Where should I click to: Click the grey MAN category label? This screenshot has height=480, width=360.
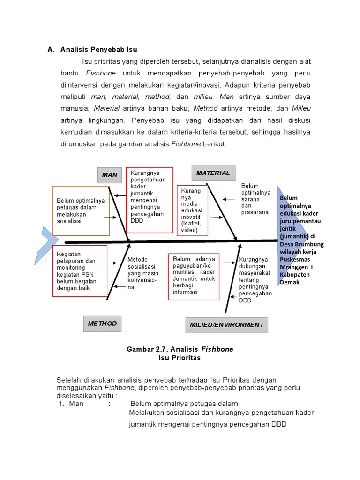(110, 175)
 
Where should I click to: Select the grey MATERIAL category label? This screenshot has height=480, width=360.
(213, 173)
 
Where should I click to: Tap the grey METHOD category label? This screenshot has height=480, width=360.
(102, 323)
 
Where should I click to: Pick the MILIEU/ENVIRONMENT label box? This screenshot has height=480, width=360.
(227, 324)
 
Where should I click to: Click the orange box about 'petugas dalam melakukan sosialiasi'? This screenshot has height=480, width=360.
(81, 210)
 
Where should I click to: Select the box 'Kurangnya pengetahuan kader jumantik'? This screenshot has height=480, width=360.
(150, 199)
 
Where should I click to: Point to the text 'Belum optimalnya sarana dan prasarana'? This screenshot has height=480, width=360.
(255, 199)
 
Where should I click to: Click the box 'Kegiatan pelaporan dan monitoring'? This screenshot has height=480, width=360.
(80, 271)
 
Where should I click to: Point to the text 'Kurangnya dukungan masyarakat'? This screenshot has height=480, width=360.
(255, 280)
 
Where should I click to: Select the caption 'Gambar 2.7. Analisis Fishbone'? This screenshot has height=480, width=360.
(180, 349)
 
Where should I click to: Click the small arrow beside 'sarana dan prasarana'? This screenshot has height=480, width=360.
(230, 199)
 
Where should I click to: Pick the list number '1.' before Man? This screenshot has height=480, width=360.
(61, 404)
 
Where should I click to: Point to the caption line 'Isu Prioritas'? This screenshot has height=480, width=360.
(180, 358)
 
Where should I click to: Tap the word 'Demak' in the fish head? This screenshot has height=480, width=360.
(290, 282)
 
